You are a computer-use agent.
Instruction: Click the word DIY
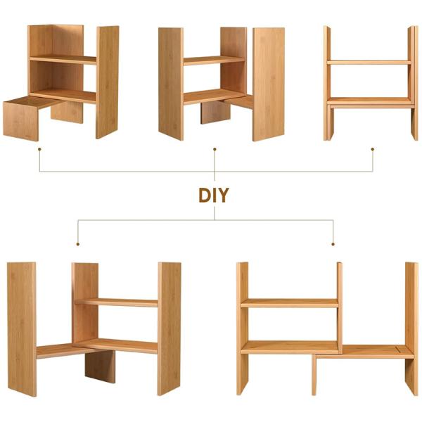point(213,195)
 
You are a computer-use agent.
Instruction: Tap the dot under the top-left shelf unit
point(39,149)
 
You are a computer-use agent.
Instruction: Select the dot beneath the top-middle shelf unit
point(215,149)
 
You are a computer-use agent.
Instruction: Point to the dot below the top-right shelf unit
point(373,149)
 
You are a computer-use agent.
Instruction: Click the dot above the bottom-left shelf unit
point(77,244)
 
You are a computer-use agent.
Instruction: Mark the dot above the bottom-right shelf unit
point(333,244)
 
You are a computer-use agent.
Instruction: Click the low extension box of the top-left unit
point(21,120)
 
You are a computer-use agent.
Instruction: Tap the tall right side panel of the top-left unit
point(107,81)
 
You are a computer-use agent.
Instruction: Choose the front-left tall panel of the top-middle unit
point(170,84)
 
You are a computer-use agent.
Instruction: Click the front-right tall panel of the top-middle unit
point(268,84)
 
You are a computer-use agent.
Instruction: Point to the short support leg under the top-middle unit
point(214,113)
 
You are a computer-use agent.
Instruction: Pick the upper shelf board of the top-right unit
point(369,63)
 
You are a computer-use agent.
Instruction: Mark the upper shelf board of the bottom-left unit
point(117,302)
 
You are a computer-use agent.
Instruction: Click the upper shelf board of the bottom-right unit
point(289,303)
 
